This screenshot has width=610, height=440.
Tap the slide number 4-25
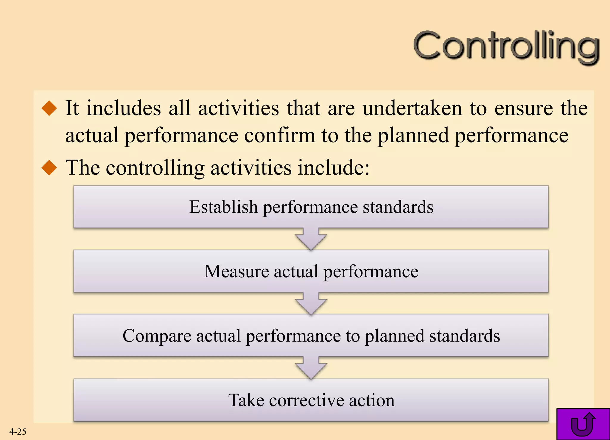(18, 431)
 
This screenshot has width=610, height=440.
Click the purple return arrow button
(583, 424)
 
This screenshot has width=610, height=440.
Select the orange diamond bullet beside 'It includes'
(49, 108)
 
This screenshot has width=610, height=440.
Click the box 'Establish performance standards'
(311, 207)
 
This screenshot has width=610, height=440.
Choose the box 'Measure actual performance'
(311, 271)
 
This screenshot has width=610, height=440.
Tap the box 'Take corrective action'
(311, 400)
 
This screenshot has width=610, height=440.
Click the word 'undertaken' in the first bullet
(412, 108)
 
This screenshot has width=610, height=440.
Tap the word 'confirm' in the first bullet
(280, 135)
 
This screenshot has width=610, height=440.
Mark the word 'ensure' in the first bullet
(524, 108)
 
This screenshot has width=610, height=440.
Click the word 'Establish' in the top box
(223, 207)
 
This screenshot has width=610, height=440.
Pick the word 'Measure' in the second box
(236, 271)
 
